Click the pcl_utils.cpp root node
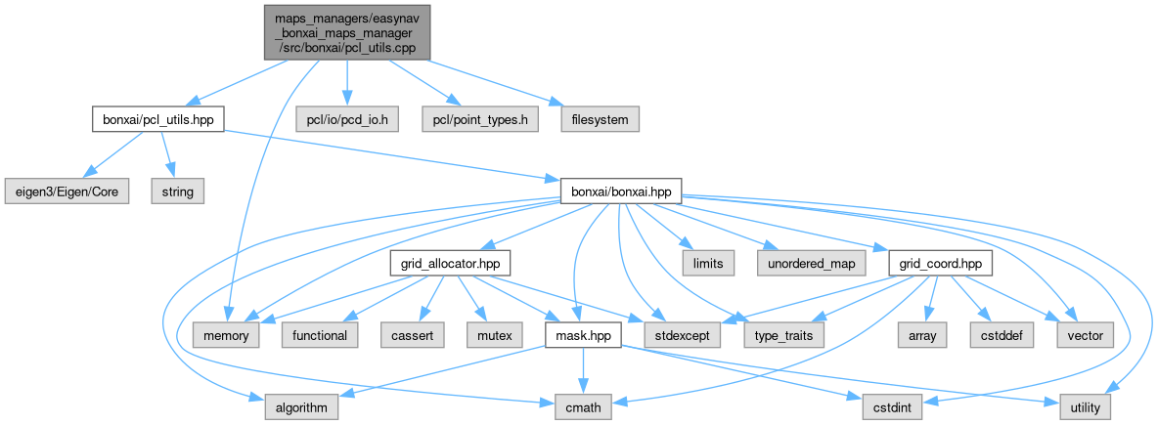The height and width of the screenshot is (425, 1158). coord(346,30)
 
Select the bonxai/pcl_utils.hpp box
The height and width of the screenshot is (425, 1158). coord(157,119)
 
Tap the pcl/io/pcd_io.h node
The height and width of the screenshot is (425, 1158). coord(348,119)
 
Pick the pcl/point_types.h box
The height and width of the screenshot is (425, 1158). coord(480,119)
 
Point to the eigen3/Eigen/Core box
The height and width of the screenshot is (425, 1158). coord(66,191)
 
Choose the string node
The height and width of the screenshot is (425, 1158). coord(178,191)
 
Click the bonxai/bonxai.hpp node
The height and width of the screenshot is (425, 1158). coord(620,191)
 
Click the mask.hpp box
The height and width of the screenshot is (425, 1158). coord(585,336)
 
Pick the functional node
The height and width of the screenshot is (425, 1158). coord(320,336)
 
